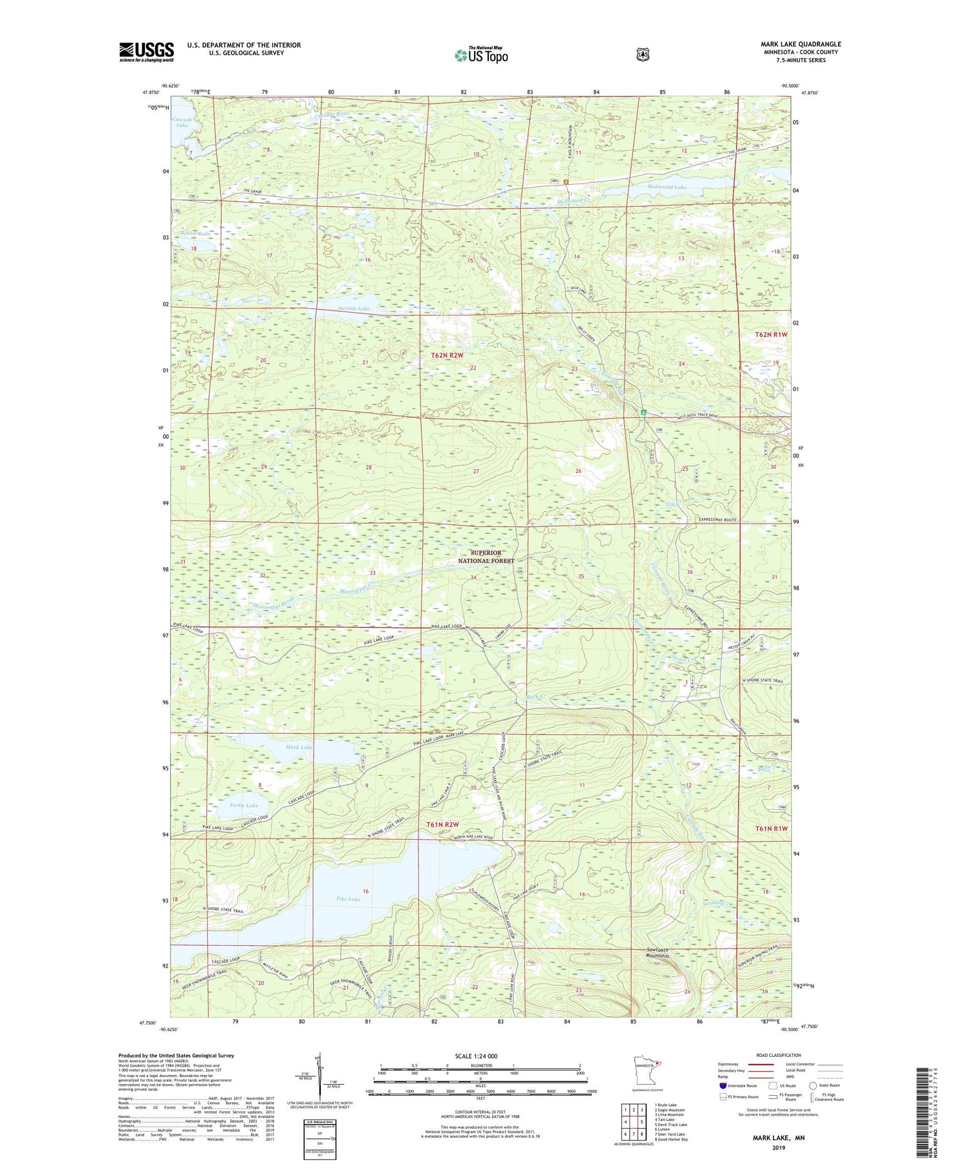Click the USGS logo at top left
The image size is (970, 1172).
[146, 52]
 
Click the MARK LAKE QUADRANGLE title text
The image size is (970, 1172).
[801, 45]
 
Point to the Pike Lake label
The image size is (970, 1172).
[348, 899]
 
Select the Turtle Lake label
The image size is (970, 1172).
[244, 805]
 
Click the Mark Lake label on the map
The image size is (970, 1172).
[299, 747]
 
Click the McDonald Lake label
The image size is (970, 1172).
[667, 187]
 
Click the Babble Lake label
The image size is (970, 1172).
[195, 233]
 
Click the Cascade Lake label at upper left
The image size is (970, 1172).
[181, 121]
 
